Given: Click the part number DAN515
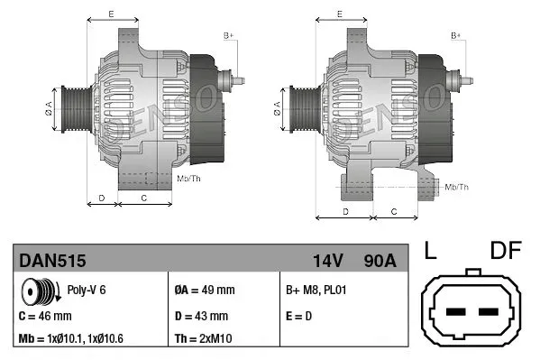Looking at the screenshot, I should tap(52, 261).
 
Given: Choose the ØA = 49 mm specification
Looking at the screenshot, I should tap(204, 291).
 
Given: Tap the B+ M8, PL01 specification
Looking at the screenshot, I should tap(316, 291).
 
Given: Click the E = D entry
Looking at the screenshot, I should tap(300, 316).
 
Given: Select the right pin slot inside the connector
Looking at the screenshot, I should tap(489, 312).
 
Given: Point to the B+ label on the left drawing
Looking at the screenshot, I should tap(229, 35).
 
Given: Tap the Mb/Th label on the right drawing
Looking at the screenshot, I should tap(457, 187).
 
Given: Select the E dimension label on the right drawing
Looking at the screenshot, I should tap(338, 14).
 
